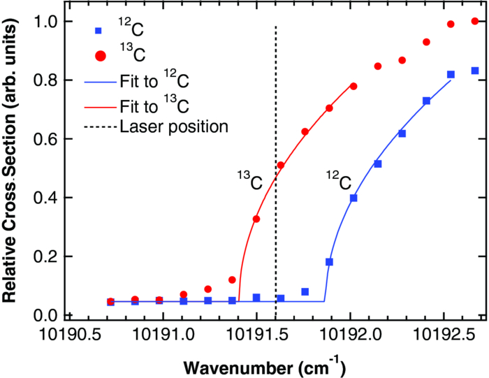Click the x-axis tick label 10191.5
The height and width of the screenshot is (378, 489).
[257, 335]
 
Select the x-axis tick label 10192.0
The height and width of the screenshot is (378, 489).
[350, 335]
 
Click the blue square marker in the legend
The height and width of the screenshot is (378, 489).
[98, 31]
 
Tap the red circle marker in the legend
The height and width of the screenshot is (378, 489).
[98, 55]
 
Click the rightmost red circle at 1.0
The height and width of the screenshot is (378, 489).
[475, 21]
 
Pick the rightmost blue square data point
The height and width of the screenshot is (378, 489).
[475, 71]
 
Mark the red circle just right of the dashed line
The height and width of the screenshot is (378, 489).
[281, 166]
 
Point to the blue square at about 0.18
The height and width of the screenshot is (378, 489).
[329, 262]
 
